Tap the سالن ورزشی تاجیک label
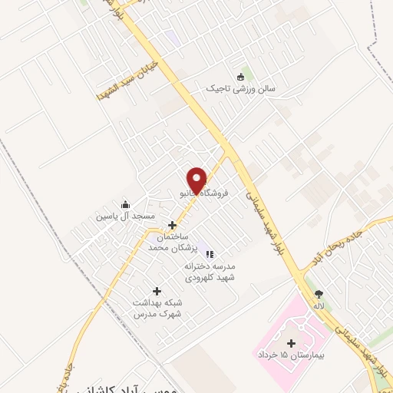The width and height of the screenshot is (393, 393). click(239, 88)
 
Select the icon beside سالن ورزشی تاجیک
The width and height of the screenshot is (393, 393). click(240, 76)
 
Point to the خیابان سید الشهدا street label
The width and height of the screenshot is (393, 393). click(127, 80)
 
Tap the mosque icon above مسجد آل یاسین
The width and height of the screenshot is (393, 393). click(125, 205)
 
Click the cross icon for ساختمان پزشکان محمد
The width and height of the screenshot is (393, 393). click(172, 226)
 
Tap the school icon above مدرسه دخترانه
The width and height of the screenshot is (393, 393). click(210, 254)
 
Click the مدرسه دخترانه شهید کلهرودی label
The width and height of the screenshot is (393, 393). click(210, 272)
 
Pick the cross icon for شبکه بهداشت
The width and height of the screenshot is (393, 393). click(157, 291)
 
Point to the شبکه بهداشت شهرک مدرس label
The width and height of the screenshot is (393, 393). click(157, 309)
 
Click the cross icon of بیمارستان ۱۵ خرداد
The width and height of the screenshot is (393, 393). click(290, 343)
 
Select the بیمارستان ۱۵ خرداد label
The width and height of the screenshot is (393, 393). click(290, 357)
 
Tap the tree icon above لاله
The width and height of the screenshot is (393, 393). click(319, 293)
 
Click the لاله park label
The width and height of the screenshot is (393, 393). click(319, 305)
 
